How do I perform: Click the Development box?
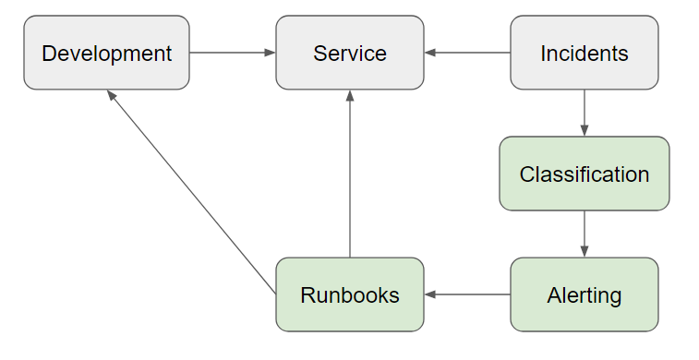pyautogui.click(x=106, y=53)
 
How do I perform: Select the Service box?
pyautogui.click(x=350, y=53)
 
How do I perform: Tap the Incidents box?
pyautogui.click(x=585, y=53)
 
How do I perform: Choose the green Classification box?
pyautogui.click(x=585, y=174)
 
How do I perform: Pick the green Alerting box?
pyautogui.click(x=585, y=295)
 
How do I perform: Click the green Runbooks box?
pyautogui.click(x=350, y=295)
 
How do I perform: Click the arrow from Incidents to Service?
pyautogui.click(x=467, y=53)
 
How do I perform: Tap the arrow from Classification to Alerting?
pyautogui.click(x=585, y=234)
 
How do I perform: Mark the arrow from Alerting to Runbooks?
pyautogui.click(x=467, y=295)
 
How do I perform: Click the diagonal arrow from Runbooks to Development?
pyautogui.click(x=192, y=193)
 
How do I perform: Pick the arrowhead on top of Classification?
pyautogui.click(x=585, y=131)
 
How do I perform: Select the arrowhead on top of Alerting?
pyautogui.click(x=585, y=252)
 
